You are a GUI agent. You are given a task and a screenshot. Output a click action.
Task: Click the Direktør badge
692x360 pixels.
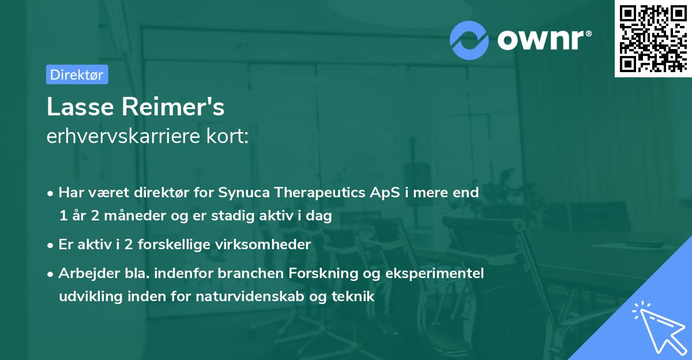click(77, 74)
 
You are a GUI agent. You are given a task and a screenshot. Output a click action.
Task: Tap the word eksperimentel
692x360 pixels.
click(437, 273)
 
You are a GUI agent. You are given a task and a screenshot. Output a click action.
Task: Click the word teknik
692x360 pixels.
click(356, 297)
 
